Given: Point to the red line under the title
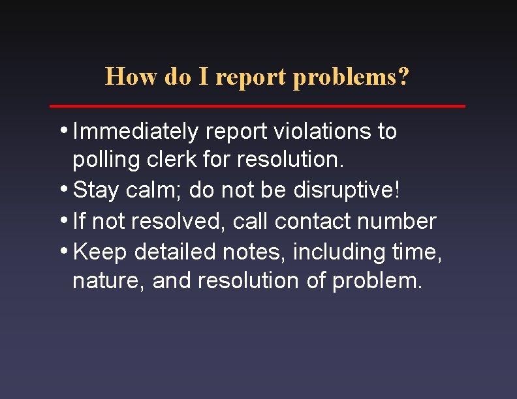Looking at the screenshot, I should [x=258, y=106].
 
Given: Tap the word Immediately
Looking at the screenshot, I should [x=136, y=132].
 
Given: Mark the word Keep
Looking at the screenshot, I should [x=100, y=252].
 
